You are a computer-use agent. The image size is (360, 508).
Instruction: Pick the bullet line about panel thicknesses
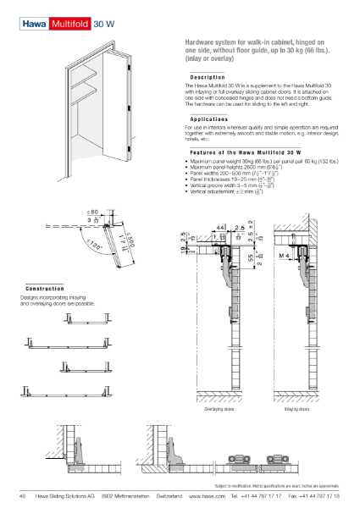point(229,179)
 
